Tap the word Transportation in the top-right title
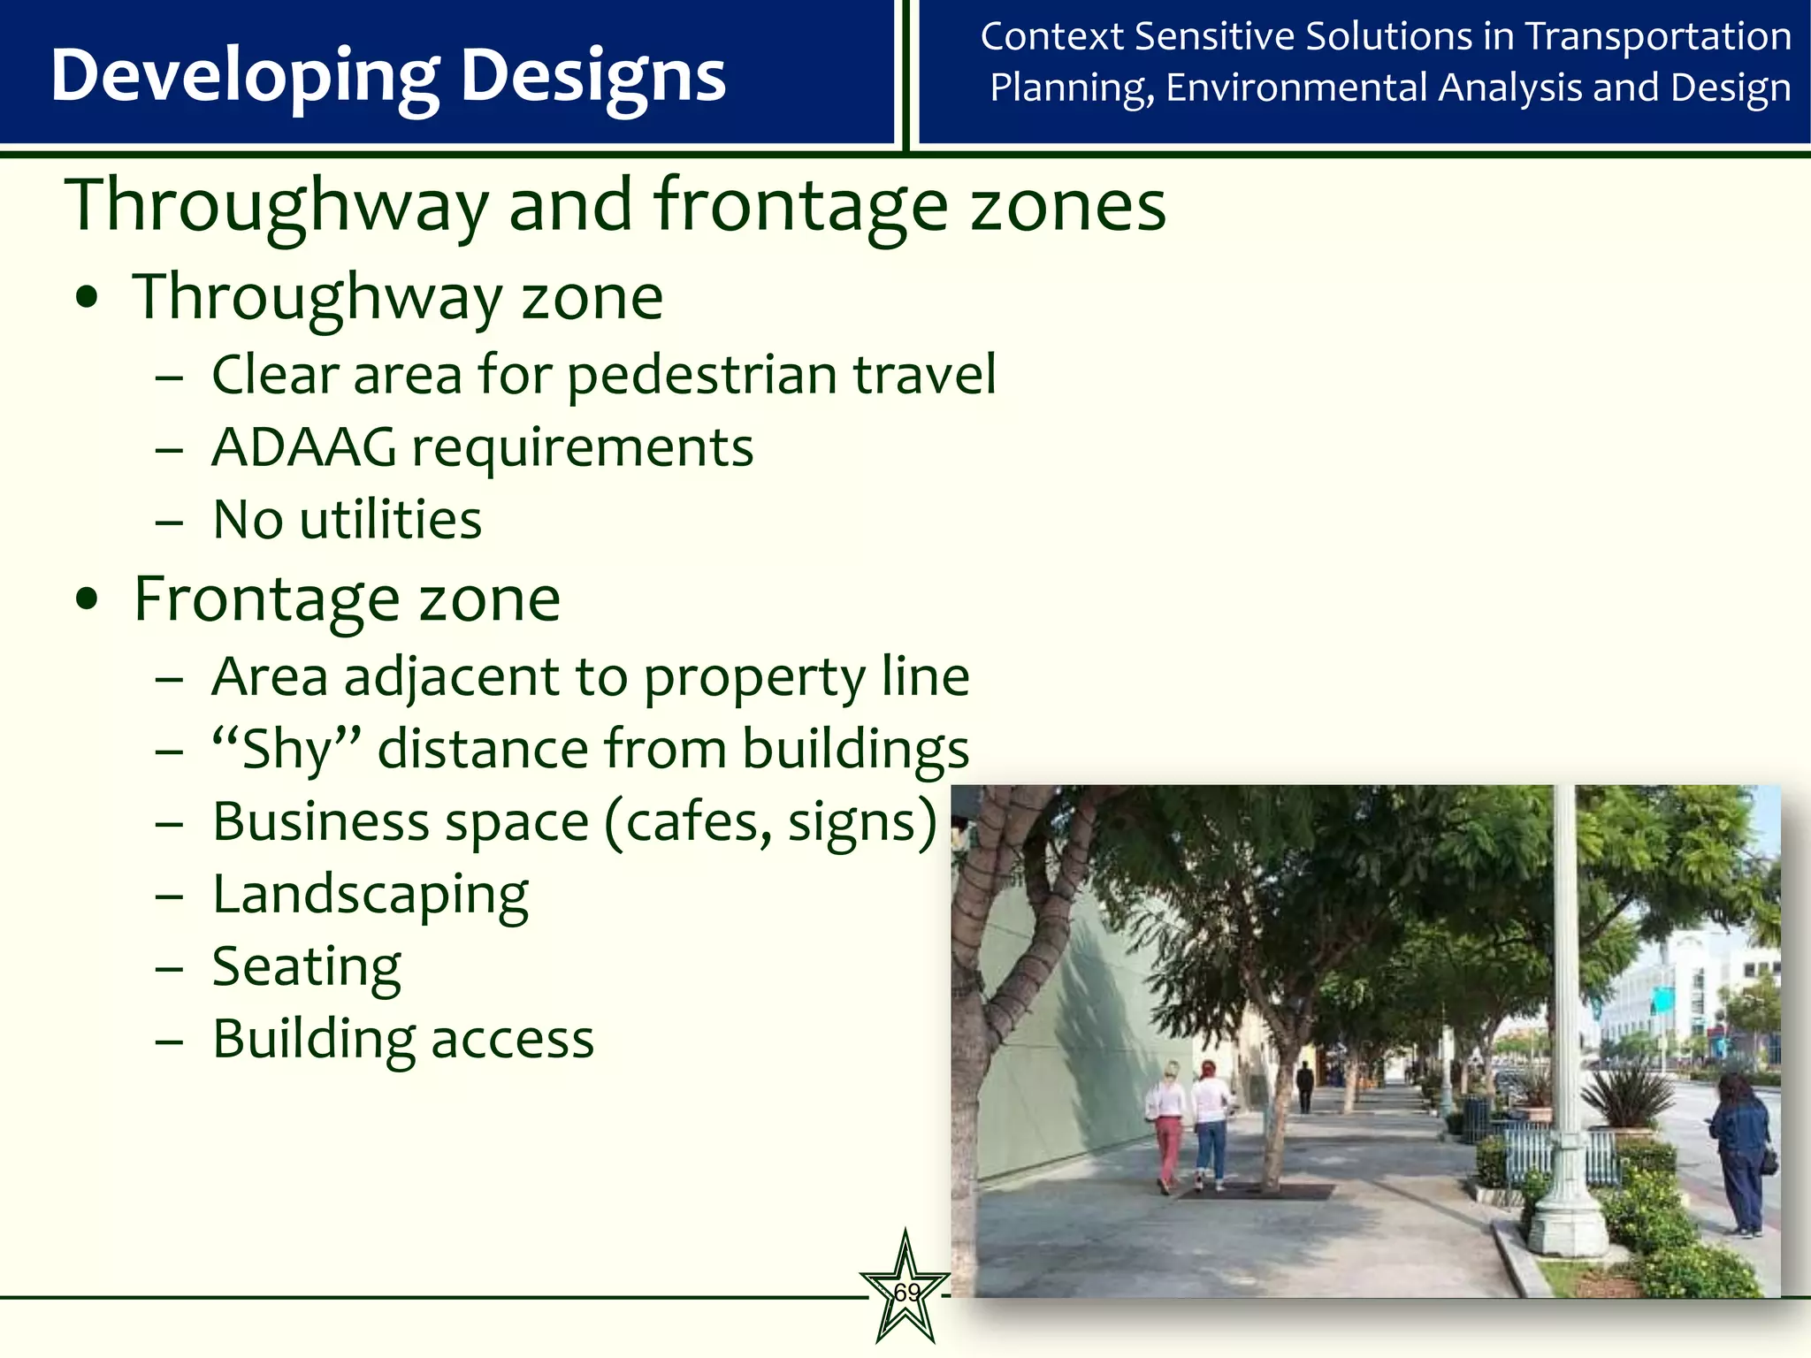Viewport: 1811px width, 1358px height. tap(1658, 37)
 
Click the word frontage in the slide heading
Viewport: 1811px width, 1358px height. tap(800, 206)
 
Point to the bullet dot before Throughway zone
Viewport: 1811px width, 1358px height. tap(87, 299)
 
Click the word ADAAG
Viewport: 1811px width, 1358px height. tap(304, 447)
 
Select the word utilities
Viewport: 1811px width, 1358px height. tap(391, 520)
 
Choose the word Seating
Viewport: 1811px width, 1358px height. tap(306, 967)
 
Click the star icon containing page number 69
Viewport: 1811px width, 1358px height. tap(905, 1292)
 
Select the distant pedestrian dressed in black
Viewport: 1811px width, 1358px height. tap(1304, 1086)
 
